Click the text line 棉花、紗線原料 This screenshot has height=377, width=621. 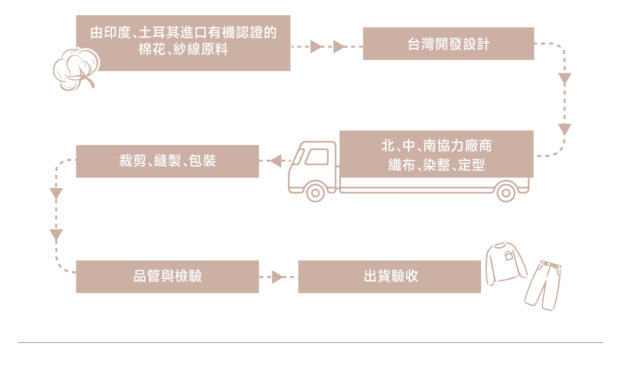183,49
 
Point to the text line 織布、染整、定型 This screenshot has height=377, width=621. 436,165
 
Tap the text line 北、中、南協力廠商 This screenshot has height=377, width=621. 436,146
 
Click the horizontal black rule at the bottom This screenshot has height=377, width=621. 310,342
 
